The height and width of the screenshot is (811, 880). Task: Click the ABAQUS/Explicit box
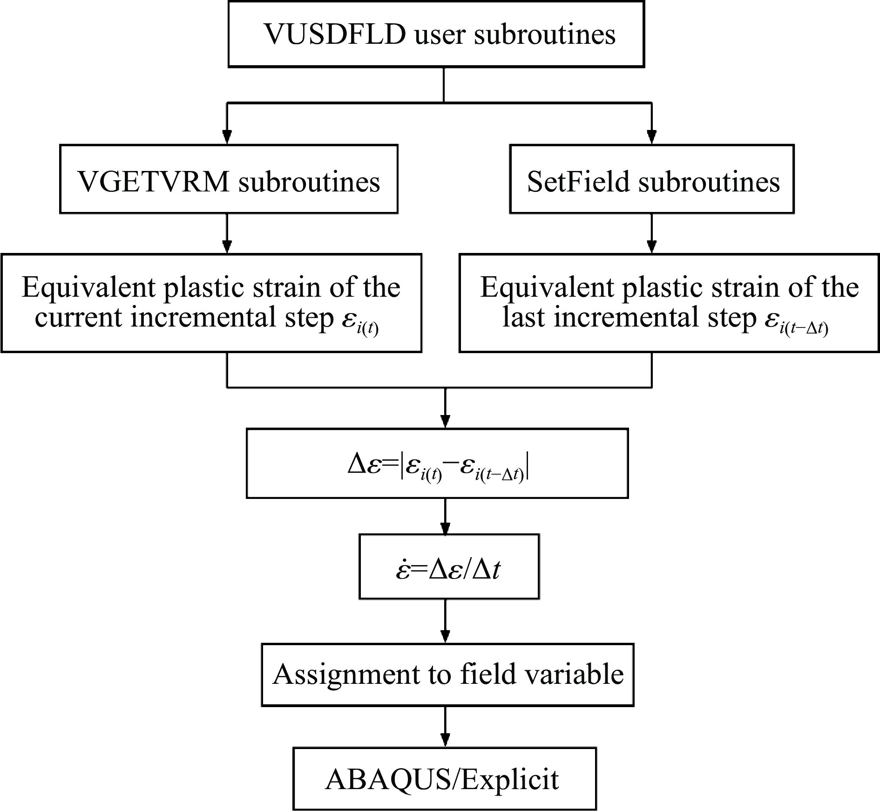pos(444,779)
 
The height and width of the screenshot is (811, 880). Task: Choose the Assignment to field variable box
pos(447,674)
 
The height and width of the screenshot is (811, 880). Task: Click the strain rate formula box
pos(449,566)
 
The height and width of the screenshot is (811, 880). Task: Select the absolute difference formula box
pos(437,463)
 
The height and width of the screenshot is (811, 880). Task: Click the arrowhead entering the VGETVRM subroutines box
pos(227,137)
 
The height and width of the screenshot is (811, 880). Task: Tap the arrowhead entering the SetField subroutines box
pos(651,137)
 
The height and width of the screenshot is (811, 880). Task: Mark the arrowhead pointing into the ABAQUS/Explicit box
pos(445,740)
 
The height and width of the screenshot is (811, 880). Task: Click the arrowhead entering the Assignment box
pos(445,636)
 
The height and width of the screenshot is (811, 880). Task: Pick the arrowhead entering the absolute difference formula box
pos(445,421)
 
